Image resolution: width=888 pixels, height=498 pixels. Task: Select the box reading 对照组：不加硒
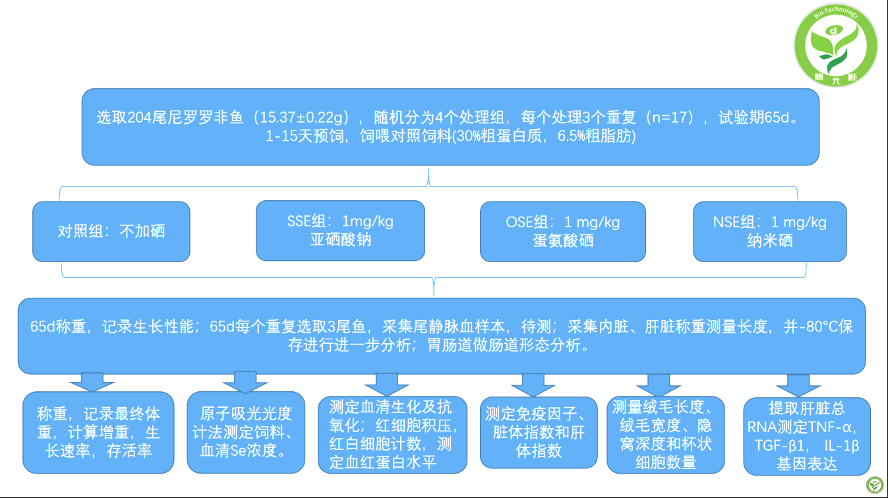[x=111, y=231]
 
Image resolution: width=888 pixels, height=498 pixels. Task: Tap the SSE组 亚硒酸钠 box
[x=340, y=231]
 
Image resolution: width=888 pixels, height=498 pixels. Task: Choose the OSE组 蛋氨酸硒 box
[x=562, y=231]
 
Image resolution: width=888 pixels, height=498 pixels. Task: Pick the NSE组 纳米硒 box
[x=769, y=231]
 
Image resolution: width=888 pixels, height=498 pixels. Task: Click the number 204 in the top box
[x=140, y=118]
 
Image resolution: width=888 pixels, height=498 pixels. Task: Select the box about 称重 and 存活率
[x=98, y=432]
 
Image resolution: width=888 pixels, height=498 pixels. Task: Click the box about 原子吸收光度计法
[x=246, y=432]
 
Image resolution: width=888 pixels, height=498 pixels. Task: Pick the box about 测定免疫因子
[x=539, y=432]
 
